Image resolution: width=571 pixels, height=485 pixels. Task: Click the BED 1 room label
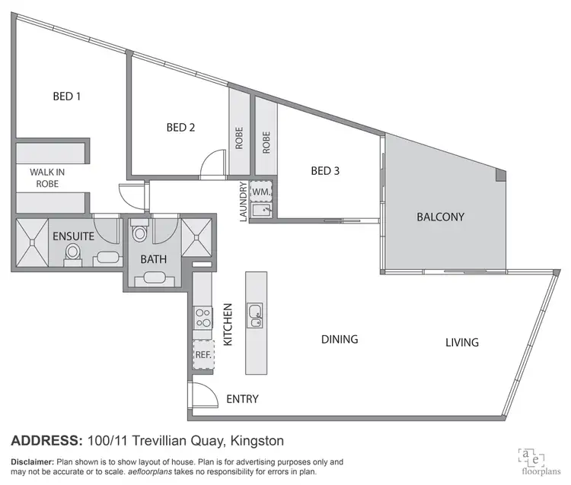tap(67, 97)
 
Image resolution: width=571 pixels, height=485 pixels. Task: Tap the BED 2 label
tap(180, 128)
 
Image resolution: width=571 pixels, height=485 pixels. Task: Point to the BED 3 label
tap(325, 170)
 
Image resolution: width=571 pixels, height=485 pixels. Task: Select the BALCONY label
tap(440, 217)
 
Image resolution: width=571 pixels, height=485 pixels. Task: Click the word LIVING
tap(462, 342)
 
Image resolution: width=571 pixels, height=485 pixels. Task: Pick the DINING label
tap(340, 339)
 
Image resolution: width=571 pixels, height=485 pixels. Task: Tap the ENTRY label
tap(243, 398)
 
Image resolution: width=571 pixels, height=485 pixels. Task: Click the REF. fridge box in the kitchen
tap(203, 354)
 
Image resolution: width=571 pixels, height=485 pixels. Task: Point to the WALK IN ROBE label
tap(47, 178)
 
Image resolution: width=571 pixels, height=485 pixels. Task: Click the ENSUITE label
tap(73, 236)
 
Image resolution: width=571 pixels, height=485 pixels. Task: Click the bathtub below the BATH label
tap(154, 279)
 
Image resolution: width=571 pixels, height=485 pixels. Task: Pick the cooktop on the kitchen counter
tap(203, 319)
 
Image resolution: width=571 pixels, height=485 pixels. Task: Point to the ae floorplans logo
tap(534, 459)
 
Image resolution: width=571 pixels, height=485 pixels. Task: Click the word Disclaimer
tap(32, 462)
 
